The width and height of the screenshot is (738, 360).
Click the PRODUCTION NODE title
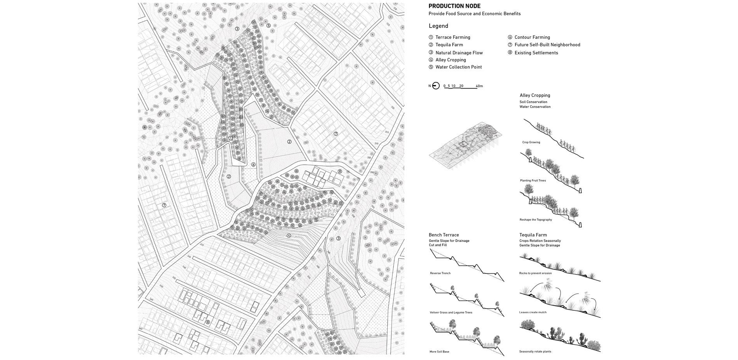(x=454, y=6)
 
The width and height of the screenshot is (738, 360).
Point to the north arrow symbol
(x=436, y=86)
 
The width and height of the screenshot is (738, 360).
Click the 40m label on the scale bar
(x=479, y=86)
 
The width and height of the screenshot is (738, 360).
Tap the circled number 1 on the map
(x=231, y=138)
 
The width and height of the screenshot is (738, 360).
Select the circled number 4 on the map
(x=289, y=236)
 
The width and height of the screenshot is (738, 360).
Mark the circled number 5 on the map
(x=268, y=26)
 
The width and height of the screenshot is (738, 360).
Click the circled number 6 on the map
(x=253, y=165)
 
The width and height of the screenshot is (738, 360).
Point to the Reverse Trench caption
(x=440, y=273)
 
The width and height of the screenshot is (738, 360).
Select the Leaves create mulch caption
(x=533, y=312)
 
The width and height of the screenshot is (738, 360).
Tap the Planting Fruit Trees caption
(x=533, y=181)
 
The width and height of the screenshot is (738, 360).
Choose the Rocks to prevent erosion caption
(x=535, y=273)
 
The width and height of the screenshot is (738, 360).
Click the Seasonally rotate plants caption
(x=535, y=352)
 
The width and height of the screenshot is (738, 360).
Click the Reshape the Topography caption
(x=536, y=220)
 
